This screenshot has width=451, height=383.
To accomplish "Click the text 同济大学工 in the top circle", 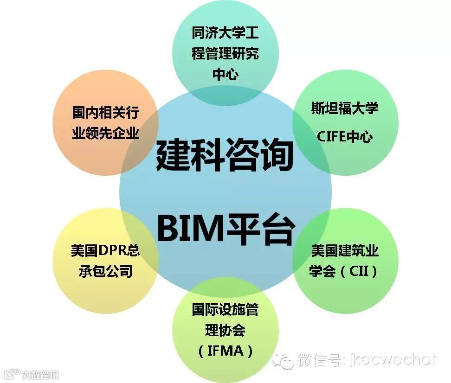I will (x=225, y=33).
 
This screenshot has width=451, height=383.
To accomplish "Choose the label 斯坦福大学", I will (x=345, y=108).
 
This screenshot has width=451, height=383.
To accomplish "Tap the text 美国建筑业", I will (x=345, y=251).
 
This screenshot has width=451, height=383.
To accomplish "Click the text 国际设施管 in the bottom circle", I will (x=225, y=310).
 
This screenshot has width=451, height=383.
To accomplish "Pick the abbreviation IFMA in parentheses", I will (x=225, y=351).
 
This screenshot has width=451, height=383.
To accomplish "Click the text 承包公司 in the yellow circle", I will (x=106, y=271).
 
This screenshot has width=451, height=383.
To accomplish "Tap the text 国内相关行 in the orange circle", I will (x=106, y=113).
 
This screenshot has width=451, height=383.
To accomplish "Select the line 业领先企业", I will (x=106, y=134).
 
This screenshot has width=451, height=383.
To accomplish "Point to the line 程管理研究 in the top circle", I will (x=225, y=54).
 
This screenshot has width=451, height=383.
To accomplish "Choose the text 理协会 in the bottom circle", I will (x=225, y=330).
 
